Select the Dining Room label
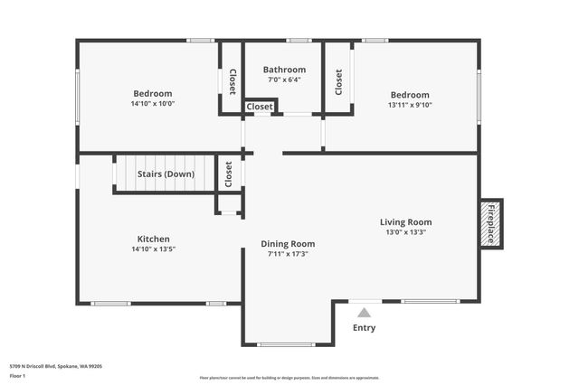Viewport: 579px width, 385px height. point(288,243)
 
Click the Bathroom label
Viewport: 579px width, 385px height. point(284,70)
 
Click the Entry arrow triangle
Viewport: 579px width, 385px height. point(364,313)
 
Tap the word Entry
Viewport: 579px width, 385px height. point(364,328)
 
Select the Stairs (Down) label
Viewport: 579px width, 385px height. point(166,174)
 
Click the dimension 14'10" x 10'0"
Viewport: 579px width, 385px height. point(153,104)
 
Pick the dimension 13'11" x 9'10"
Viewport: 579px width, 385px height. point(410,105)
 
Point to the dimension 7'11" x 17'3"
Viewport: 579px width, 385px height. point(288,254)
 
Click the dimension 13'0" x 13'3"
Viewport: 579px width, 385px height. point(404,232)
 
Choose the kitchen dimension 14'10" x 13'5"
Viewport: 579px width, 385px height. point(153,249)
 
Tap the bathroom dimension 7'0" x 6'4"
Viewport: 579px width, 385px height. point(284,80)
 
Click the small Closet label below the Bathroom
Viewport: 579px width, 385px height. point(260,107)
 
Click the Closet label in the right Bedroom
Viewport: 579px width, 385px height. point(339,82)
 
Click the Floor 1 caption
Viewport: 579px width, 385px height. point(18,375)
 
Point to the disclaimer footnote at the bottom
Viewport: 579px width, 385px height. point(289,377)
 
